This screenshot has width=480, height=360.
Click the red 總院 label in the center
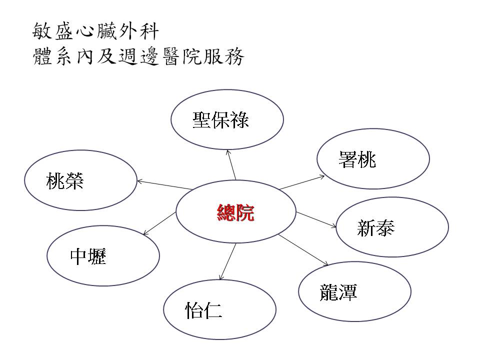pos(235,213)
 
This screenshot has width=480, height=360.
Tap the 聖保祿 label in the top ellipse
pos(220,120)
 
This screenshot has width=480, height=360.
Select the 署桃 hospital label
pos(357,159)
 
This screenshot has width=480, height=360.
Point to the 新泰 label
pos(376,228)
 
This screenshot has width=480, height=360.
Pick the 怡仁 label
pos(203,310)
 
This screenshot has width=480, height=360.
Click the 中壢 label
pos(88,256)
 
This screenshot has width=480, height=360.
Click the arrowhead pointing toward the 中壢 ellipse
pos(145,233)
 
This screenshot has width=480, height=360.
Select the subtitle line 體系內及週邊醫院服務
pos(137,57)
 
